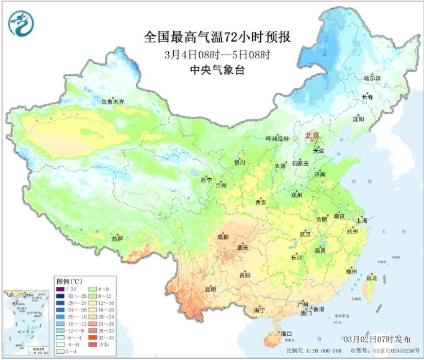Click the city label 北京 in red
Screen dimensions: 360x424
312,135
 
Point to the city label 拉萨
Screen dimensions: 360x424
117,238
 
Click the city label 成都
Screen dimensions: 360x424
222,236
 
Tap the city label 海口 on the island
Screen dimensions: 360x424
286,334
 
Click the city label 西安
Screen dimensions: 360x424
261,202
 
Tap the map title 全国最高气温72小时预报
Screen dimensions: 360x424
208,37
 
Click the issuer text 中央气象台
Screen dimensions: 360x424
208,70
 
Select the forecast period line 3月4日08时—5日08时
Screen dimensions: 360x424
208,54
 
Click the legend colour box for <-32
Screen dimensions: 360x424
60,289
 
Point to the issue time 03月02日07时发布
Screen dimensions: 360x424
376,340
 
